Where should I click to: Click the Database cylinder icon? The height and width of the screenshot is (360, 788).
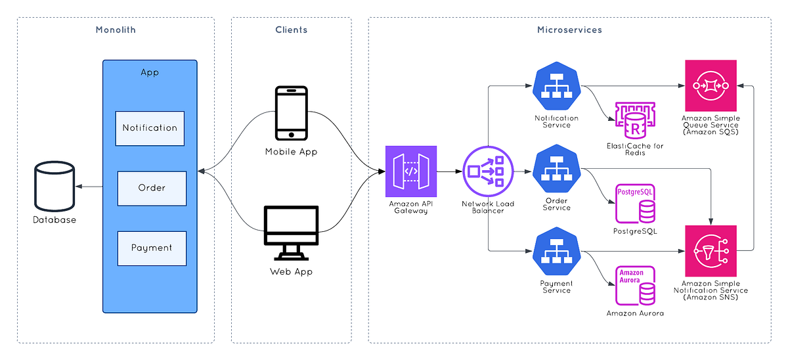55,188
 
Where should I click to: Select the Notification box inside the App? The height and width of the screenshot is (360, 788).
150,128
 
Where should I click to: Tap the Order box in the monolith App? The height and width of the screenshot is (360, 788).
152,188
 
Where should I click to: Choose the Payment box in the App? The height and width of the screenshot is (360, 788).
152,248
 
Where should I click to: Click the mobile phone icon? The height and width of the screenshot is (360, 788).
291,113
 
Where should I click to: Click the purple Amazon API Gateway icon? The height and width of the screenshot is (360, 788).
410,171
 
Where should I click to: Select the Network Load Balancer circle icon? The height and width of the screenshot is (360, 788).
487,171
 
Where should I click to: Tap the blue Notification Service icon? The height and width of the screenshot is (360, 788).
557,87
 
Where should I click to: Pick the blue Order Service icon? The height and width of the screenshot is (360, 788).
557,169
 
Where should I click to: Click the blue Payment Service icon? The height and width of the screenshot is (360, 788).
557,252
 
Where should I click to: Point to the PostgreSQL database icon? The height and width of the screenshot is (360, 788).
635,204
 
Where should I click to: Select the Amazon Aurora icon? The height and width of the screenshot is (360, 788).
635,285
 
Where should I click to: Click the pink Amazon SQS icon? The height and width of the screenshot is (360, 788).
710,85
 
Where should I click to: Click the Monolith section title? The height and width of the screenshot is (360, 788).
116,30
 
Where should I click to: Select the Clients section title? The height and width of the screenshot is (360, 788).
291,30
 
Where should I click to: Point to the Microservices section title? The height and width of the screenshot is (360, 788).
569,30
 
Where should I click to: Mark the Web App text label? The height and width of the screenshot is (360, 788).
291,271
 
